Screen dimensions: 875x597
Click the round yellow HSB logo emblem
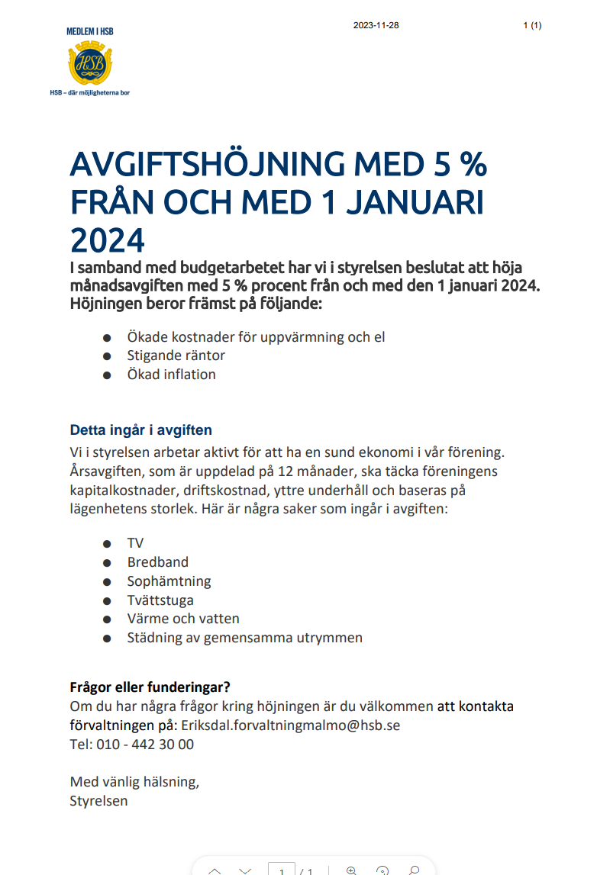pyautogui.click(x=90, y=64)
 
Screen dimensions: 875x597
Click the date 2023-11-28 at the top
pyautogui.click(x=376, y=26)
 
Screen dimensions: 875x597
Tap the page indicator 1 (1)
pyautogui.click(x=532, y=26)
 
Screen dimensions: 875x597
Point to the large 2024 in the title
pyautogui.click(x=107, y=240)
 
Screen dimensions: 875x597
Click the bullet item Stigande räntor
pyautogui.click(x=176, y=355)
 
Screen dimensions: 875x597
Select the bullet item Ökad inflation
pyautogui.click(x=171, y=375)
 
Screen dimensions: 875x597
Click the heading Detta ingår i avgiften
pyautogui.click(x=141, y=429)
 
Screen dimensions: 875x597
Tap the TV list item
pyautogui.click(x=135, y=543)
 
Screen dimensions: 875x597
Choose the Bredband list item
pyautogui.click(x=157, y=562)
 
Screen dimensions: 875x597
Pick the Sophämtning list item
pyautogui.click(x=169, y=581)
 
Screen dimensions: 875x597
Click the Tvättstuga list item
pyautogui.click(x=160, y=600)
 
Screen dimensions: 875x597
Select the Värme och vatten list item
pyautogui.click(x=183, y=619)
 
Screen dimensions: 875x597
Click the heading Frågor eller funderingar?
pyautogui.click(x=150, y=687)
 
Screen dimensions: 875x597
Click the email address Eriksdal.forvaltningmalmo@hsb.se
pyautogui.click(x=290, y=725)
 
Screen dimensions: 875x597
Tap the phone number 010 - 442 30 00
pyautogui.click(x=145, y=744)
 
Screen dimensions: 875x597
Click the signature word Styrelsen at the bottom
pyautogui.click(x=99, y=801)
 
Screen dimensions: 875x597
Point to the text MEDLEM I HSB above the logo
pyautogui.click(x=90, y=31)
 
